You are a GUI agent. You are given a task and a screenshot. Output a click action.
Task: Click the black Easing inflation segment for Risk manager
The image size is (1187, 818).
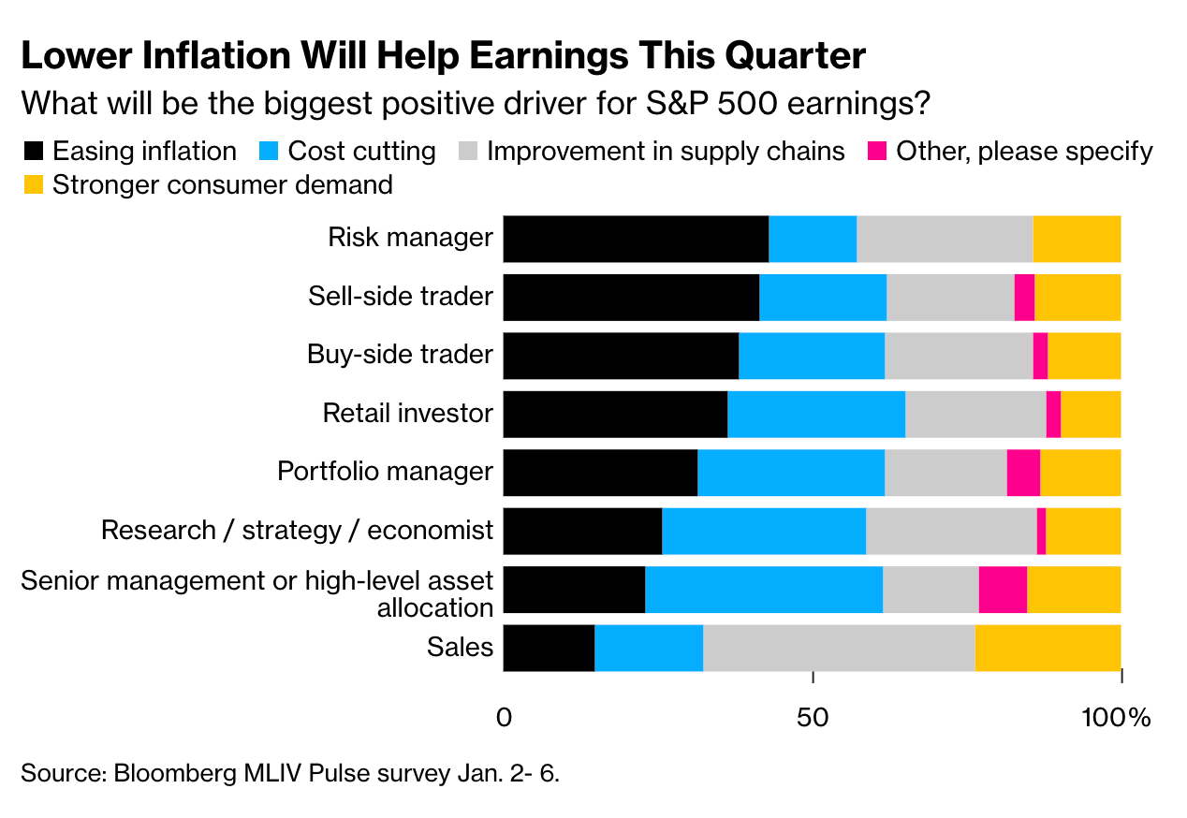click(x=636, y=239)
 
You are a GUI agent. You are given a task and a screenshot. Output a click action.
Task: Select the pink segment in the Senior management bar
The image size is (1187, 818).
click(x=1003, y=590)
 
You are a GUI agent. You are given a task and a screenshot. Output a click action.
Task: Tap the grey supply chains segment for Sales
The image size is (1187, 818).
click(x=839, y=648)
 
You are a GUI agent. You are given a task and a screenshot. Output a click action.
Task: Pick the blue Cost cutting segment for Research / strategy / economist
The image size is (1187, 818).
click(x=764, y=531)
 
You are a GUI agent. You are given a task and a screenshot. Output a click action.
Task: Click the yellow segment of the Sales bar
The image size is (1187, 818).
click(x=1048, y=648)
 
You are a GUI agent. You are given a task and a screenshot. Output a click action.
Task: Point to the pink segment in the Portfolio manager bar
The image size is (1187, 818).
click(x=1023, y=473)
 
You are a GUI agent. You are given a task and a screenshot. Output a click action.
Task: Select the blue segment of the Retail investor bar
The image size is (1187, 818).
click(x=816, y=414)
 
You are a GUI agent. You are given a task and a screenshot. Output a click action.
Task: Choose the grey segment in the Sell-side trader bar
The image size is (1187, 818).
click(x=950, y=297)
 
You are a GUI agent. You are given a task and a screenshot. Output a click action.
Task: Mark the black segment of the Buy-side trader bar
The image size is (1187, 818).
click(x=621, y=356)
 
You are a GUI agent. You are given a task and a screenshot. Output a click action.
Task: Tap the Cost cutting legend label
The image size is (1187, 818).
click(x=361, y=152)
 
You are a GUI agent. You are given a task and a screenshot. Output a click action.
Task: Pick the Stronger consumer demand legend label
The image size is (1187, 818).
click(x=222, y=185)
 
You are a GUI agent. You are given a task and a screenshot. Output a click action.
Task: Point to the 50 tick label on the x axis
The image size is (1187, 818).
click(x=813, y=719)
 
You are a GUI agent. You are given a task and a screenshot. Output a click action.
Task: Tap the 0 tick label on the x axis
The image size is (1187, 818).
click(x=504, y=719)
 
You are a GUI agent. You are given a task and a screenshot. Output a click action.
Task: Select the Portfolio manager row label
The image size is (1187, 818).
click(x=385, y=472)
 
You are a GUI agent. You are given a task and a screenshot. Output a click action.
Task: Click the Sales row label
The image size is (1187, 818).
click(x=460, y=647)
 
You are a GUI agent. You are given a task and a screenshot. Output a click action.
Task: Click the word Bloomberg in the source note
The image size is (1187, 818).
click(x=170, y=774)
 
